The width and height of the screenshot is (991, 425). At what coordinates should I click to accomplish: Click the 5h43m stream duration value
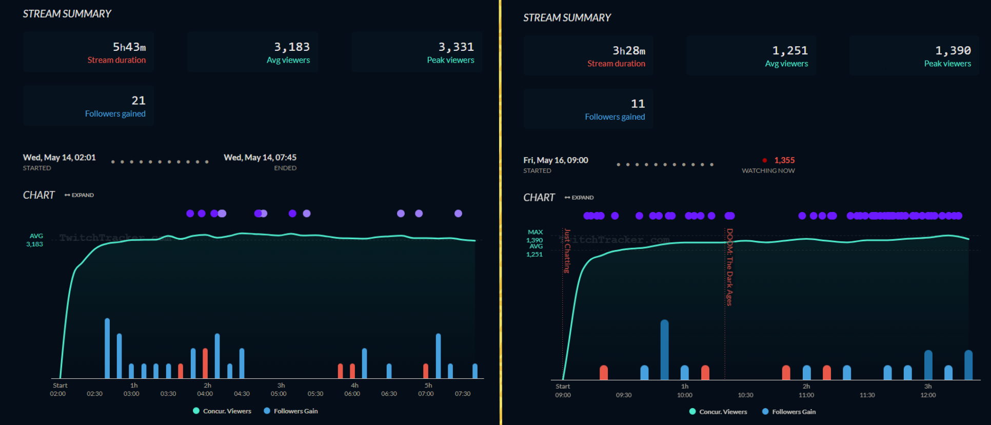coord(129,47)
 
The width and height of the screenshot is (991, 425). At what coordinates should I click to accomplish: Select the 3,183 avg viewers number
coord(292,47)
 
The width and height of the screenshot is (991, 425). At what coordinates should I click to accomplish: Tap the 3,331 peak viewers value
coord(456,47)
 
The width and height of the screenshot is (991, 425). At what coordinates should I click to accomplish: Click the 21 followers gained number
coord(138,101)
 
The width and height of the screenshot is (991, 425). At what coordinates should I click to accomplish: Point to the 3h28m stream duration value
coord(629,51)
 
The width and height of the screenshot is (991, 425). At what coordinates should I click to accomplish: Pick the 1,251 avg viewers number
coord(790,51)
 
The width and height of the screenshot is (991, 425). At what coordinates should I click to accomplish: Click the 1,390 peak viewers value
coord(953,51)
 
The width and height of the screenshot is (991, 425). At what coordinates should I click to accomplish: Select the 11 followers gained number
coord(638,104)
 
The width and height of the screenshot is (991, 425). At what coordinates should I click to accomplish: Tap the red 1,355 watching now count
coord(784,161)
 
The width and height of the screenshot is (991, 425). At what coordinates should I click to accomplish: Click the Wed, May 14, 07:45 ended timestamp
coord(260,158)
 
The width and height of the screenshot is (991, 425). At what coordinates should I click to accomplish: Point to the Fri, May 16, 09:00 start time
coord(556,160)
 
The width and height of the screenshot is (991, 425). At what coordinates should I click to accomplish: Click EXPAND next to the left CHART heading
coord(80,195)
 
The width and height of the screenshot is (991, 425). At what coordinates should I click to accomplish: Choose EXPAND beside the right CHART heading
coord(580,198)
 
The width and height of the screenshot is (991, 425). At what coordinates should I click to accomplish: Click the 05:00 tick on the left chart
coord(279,394)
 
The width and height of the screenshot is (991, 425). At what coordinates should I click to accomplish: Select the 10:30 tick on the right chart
coord(745,395)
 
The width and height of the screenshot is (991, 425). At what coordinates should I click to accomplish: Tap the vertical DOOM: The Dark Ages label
coord(729,267)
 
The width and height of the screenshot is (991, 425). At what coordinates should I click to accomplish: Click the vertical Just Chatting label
coord(567,251)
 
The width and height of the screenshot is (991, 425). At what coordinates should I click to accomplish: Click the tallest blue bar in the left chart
coord(107,349)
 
